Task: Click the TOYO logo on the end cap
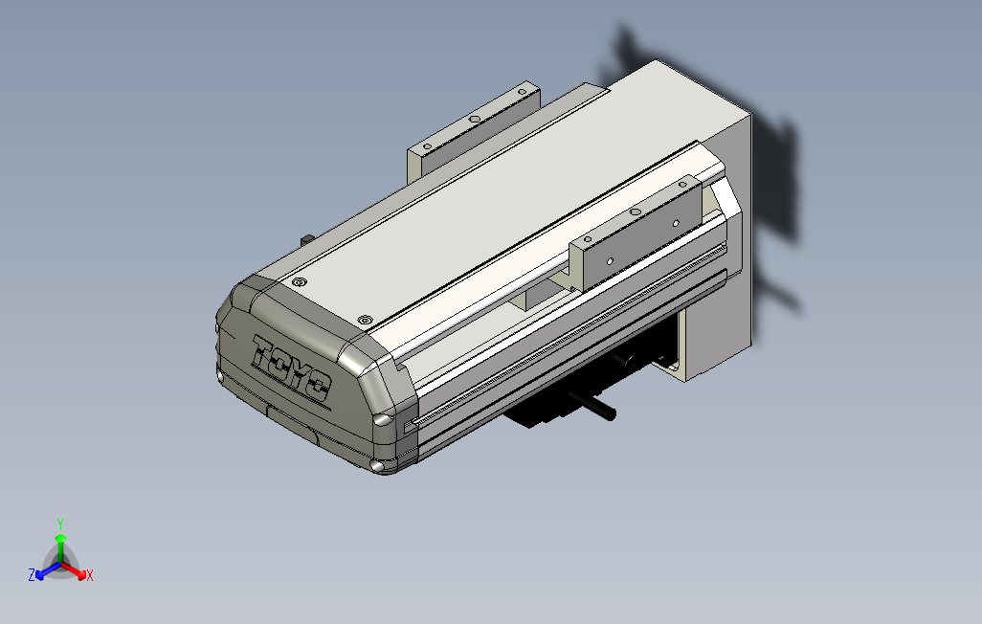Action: tap(290, 368)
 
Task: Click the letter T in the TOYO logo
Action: tap(263, 351)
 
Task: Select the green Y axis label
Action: tap(59, 524)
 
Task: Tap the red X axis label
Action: tap(89, 575)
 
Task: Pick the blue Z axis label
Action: tap(32, 575)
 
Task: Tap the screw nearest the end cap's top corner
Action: tap(300, 283)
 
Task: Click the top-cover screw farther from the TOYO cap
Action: tap(364, 319)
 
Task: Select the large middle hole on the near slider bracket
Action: tap(635, 211)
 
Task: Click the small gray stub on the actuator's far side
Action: tap(306, 238)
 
